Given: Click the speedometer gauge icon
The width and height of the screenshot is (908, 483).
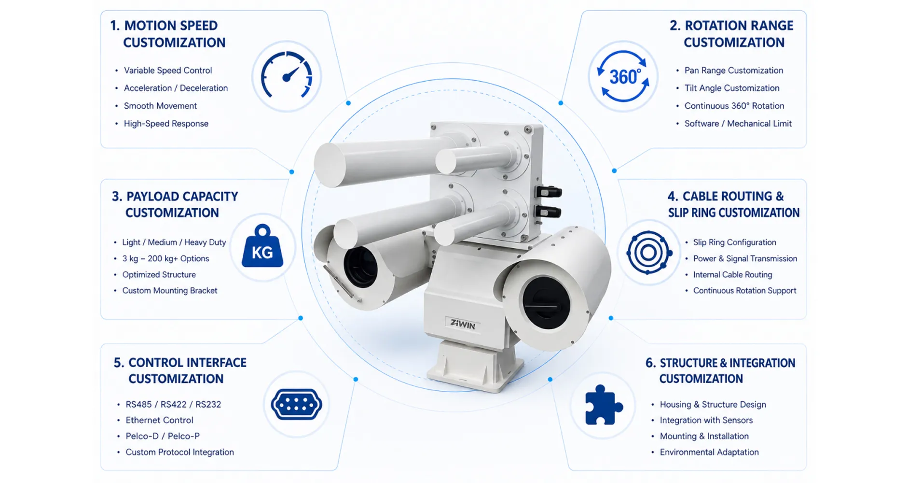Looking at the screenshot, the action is point(287,75).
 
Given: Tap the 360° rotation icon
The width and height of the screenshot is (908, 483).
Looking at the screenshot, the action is point(623,76).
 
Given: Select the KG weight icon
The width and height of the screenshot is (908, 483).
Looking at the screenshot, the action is point(262,246).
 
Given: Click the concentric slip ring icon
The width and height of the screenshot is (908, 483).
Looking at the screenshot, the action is point(649,252).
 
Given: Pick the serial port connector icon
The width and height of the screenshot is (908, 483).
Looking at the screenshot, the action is point(296,404).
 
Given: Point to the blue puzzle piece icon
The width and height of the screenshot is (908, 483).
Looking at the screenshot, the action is point(603,405).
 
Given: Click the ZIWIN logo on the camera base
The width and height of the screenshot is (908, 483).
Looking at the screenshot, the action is point(463,324).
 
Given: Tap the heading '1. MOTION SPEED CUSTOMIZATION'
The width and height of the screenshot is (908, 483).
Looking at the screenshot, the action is point(168,34).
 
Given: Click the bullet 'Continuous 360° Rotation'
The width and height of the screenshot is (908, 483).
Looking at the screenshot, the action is point(734,106).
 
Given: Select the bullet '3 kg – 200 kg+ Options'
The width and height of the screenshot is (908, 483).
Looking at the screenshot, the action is point(165,258).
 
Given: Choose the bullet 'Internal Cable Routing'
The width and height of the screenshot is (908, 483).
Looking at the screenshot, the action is point(732,274).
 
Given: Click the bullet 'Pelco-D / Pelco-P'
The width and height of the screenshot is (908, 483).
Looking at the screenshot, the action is point(163,436).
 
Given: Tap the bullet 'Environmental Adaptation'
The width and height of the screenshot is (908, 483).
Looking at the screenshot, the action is point(709,452).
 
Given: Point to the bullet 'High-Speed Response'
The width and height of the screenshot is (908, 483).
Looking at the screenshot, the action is point(166,124).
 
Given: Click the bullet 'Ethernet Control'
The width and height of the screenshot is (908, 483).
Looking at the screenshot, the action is point(159,420).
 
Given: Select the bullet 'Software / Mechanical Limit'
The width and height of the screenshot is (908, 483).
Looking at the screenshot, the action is point(738,124).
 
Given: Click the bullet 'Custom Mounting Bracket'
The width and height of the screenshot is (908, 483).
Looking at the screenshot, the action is point(170,290).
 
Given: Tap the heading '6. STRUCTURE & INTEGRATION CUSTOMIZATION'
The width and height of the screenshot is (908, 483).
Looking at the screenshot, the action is point(720,370).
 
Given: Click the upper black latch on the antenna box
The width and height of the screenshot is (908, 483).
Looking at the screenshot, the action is point(548,192).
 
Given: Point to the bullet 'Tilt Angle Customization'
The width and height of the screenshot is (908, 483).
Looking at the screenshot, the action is point(732,88).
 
